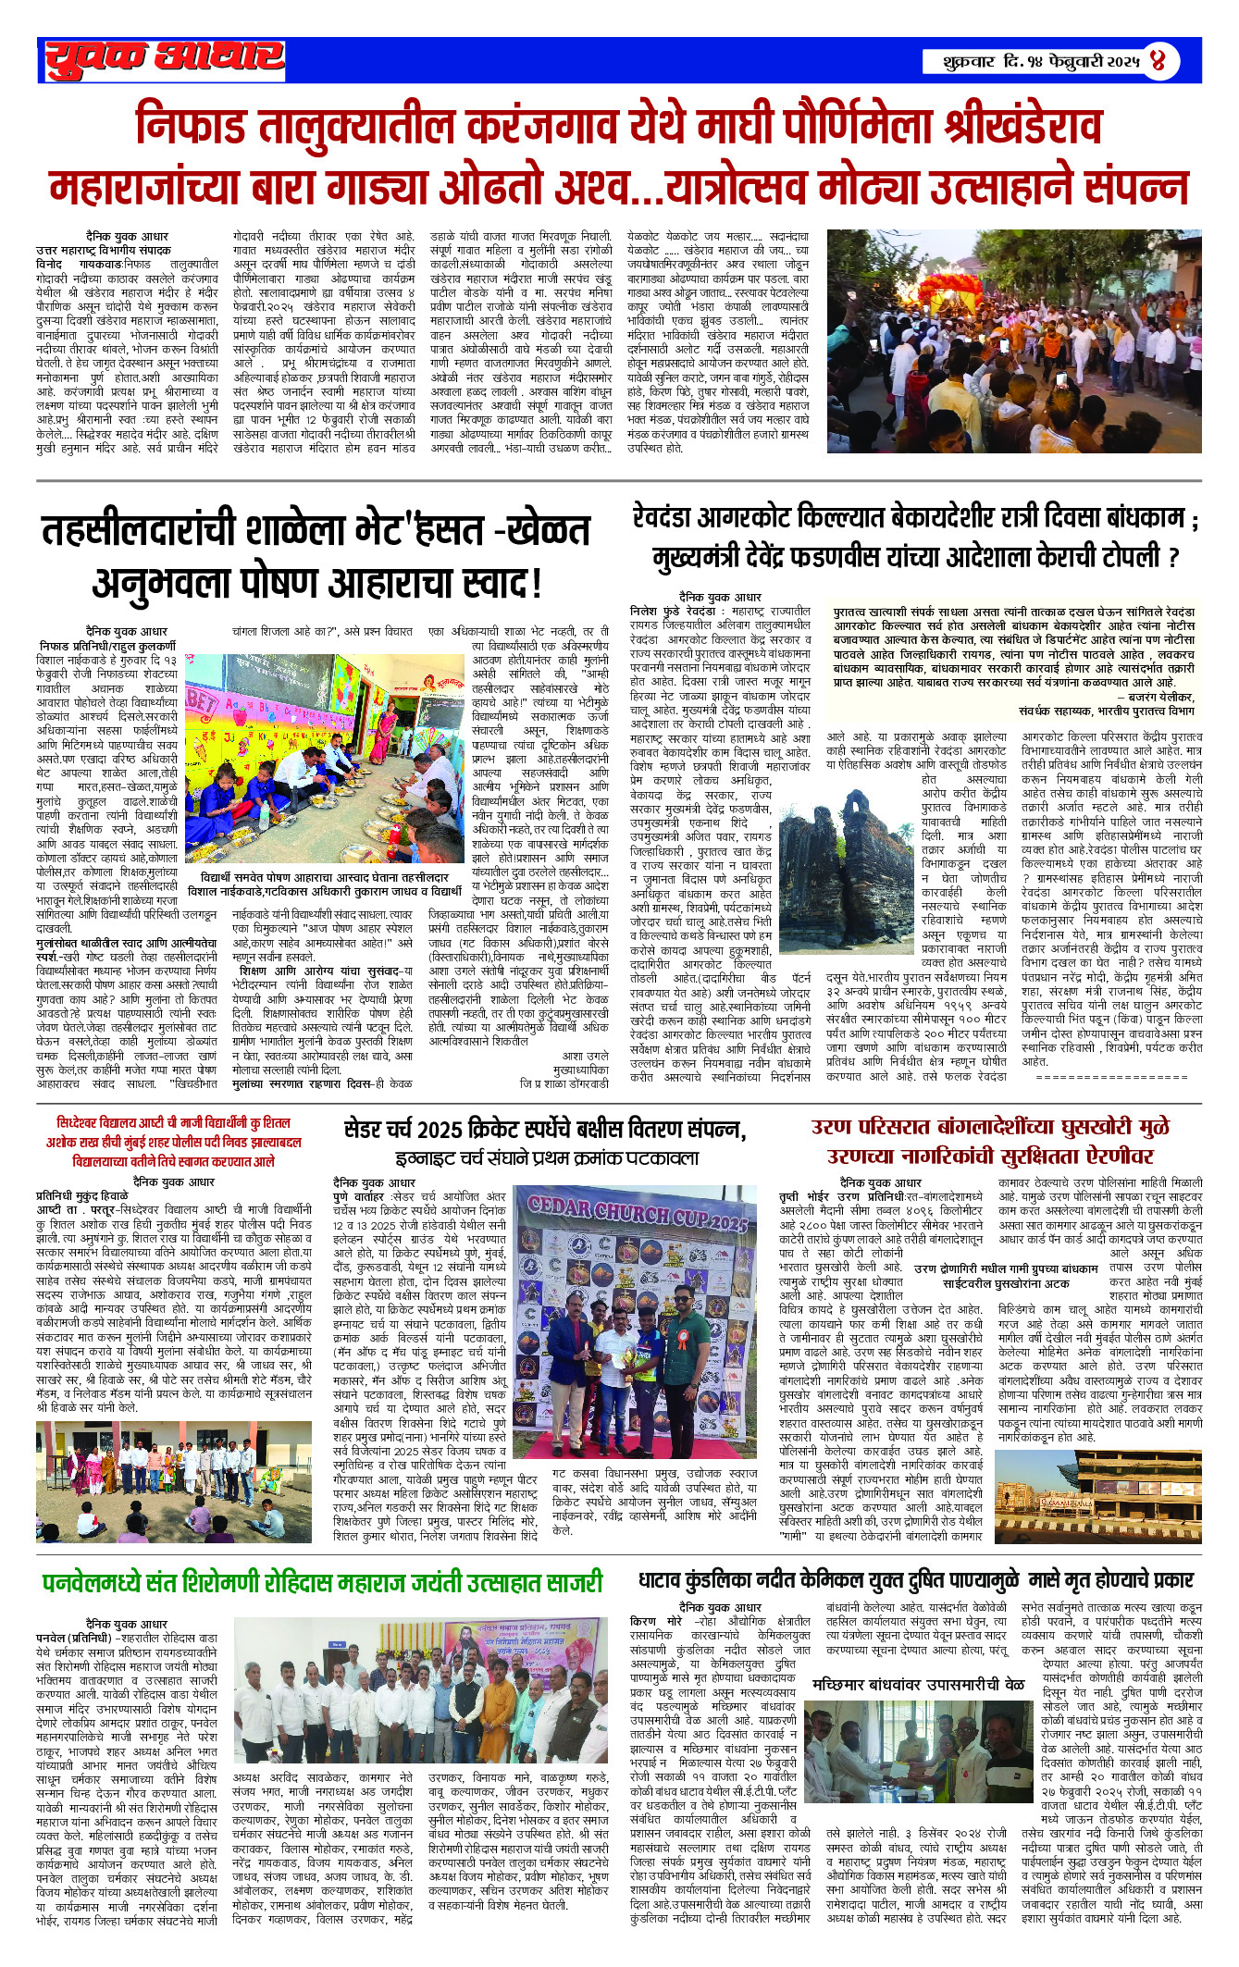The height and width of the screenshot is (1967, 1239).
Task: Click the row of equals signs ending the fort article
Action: pos(1111,1076)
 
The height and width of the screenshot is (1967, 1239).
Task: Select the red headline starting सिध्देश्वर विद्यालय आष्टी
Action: pos(173,1123)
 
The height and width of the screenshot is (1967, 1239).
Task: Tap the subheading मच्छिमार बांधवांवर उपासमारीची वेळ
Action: pos(918,1684)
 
